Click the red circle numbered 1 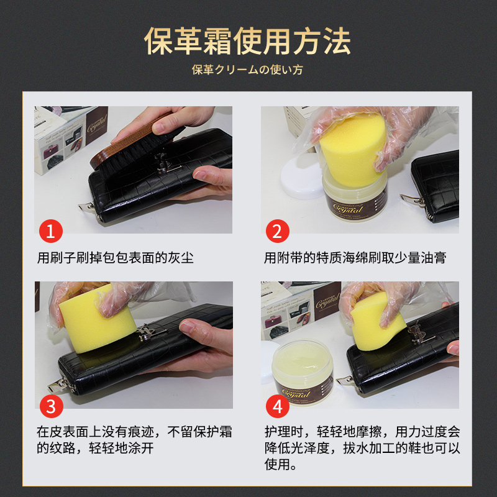(51, 231)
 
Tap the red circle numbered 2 (277, 231)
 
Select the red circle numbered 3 (52, 406)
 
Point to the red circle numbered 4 (277, 406)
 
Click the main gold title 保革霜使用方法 (247, 41)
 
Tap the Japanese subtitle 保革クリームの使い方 (247, 70)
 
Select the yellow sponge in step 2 (353, 150)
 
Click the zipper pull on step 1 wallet (86, 207)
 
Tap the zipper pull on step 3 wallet (58, 385)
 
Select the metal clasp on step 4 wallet (418, 333)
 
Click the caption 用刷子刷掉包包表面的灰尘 (116, 257)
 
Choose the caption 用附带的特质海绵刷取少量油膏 (355, 257)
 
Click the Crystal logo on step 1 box (97, 125)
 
